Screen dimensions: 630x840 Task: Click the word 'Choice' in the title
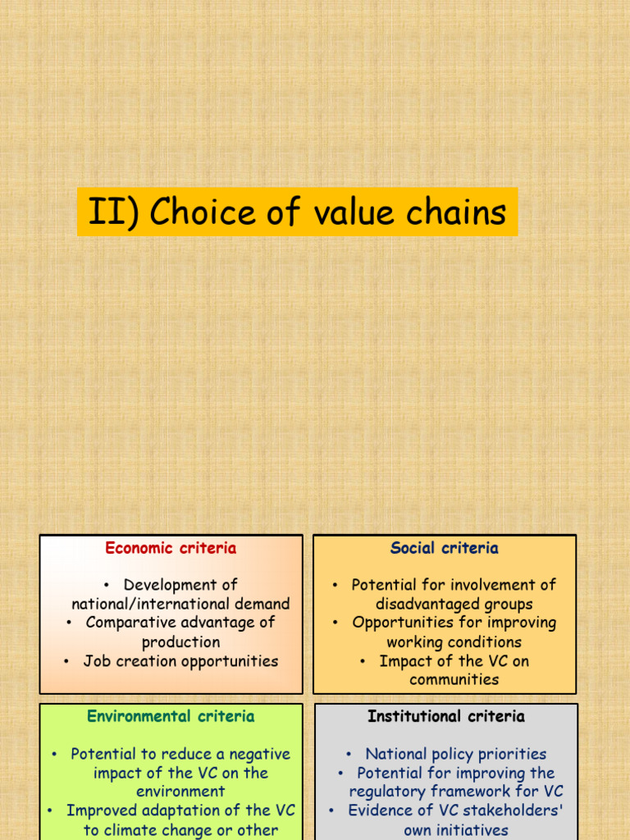(203, 211)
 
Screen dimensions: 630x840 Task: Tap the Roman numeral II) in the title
(113, 212)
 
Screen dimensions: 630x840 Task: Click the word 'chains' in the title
(456, 211)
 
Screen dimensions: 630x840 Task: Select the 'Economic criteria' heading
(171, 548)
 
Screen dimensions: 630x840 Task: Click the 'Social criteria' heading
(444, 548)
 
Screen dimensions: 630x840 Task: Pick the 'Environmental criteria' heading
(171, 716)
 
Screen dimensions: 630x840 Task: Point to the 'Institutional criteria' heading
(445, 716)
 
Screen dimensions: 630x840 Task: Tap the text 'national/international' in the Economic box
(143, 604)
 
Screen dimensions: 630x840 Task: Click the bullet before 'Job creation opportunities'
(66, 662)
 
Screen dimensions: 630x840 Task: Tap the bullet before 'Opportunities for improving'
(335, 623)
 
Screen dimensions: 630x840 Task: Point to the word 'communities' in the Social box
(454, 680)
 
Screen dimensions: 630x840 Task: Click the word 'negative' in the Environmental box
(260, 755)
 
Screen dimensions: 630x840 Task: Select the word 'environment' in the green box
(180, 792)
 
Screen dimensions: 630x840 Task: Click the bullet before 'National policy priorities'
(349, 755)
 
